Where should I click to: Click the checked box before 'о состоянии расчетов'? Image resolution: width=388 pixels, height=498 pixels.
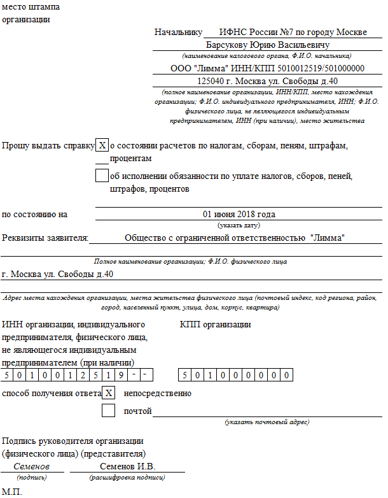[x=102, y=146]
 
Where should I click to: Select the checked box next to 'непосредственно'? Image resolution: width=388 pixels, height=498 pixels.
[x=109, y=393]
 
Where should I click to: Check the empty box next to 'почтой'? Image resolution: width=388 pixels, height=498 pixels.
[x=109, y=411]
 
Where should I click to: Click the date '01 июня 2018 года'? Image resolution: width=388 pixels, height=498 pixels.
[x=239, y=214]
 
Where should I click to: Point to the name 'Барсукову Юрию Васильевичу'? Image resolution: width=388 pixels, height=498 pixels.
[x=267, y=45]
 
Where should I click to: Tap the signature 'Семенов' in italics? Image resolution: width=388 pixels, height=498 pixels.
[x=31, y=467]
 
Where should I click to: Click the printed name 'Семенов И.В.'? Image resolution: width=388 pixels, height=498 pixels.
[x=127, y=467]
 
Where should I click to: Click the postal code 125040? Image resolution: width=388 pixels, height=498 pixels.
[x=212, y=81]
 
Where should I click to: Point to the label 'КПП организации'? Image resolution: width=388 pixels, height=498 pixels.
[x=215, y=325]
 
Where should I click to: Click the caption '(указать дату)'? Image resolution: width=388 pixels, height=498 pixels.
[x=239, y=225]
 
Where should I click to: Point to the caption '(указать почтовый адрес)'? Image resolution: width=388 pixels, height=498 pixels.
[x=267, y=422]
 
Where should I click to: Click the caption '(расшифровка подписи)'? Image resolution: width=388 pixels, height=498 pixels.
[x=127, y=477]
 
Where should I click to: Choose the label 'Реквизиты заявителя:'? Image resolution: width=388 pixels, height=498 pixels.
[x=45, y=238]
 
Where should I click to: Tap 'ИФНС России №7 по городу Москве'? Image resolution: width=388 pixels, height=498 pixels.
[x=293, y=32]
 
